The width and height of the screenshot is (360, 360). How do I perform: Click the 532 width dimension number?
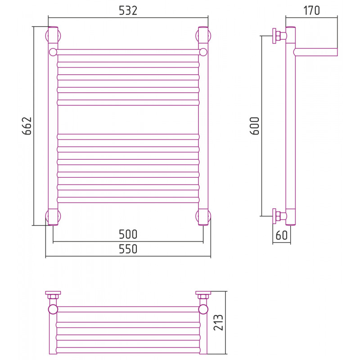pos(128,10)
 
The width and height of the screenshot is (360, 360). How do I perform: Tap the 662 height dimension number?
pos(27,126)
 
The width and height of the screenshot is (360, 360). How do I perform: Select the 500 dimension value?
pos(128,234)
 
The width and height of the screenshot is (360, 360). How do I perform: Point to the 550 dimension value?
pos(128,249)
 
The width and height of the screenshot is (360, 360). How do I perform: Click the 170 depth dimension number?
pos(311,10)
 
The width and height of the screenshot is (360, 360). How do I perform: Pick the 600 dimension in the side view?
pos(255,126)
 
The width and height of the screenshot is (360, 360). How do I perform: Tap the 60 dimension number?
pos(282,235)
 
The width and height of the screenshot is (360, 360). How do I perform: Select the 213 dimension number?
pos(218,323)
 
